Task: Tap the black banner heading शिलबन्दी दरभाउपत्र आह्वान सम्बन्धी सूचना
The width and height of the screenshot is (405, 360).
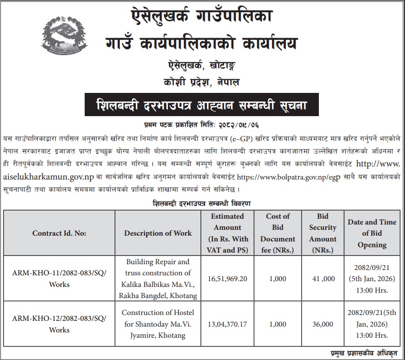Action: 202,104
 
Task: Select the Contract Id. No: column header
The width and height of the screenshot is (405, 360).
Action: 59,233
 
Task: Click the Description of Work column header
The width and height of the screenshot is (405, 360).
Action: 158,233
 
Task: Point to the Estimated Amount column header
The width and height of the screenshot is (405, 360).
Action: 227,233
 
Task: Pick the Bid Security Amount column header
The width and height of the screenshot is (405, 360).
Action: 323,233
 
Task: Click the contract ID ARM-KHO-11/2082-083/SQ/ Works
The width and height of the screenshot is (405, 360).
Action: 59,279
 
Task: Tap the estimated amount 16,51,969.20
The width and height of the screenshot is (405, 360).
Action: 227,279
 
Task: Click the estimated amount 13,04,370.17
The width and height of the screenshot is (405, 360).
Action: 227,324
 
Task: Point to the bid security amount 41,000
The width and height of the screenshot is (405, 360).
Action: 323,279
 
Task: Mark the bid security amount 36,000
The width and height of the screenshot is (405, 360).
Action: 323,324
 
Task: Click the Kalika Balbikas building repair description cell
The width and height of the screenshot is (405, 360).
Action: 158,279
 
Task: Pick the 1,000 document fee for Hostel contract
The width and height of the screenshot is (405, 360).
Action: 277,324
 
